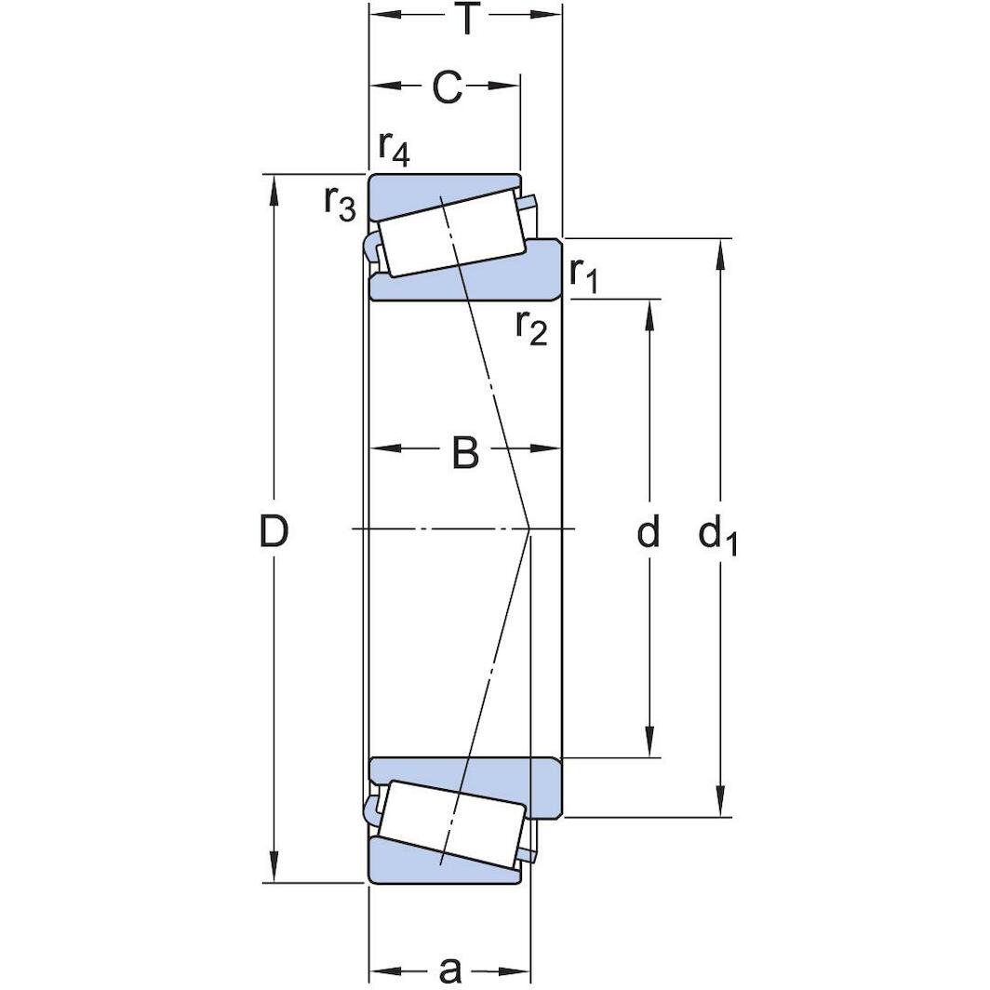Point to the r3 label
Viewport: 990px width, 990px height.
tap(340, 202)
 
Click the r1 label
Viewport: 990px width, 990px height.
tap(587, 274)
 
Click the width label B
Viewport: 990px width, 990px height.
tap(464, 453)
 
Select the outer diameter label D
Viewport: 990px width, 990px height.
tap(274, 532)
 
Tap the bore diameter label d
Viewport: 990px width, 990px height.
tap(649, 532)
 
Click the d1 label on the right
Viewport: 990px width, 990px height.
tap(717, 535)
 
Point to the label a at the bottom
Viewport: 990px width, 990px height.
tap(449, 970)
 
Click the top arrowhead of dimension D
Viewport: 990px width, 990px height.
tap(274, 186)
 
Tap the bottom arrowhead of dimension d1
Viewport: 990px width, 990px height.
tap(719, 805)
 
